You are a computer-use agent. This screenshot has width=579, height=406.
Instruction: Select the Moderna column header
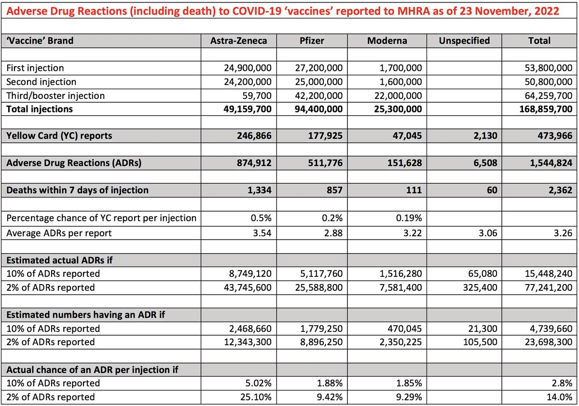387,41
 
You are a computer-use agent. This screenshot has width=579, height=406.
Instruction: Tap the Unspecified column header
464,41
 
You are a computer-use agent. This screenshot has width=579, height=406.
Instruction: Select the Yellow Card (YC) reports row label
59,136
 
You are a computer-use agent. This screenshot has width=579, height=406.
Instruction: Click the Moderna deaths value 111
414,190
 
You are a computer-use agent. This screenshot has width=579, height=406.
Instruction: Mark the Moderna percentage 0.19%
409,218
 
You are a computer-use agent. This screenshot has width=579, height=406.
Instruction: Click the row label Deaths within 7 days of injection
77,190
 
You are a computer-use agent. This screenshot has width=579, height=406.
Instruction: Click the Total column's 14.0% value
562,397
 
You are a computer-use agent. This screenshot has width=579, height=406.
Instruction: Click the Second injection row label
41,82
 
